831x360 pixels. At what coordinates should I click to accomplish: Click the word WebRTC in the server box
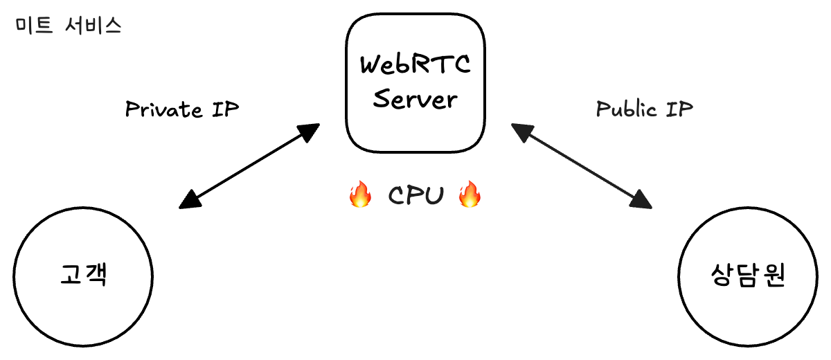(415, 66)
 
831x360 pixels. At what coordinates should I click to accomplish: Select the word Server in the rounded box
(415, 99)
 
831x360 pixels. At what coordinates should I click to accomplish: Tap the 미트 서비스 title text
(68, 26)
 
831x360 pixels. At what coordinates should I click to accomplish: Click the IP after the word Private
(225, 109)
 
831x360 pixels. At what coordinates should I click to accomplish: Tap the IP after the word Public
(679, 109)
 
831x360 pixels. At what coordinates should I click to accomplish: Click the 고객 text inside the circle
(83, 276)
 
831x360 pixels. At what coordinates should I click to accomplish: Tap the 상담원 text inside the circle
(748, 276)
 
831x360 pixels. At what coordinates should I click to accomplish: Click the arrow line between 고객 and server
(249, 166)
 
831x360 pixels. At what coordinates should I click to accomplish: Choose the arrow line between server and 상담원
(582, 165)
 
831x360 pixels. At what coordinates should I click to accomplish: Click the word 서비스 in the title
(91, 26)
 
